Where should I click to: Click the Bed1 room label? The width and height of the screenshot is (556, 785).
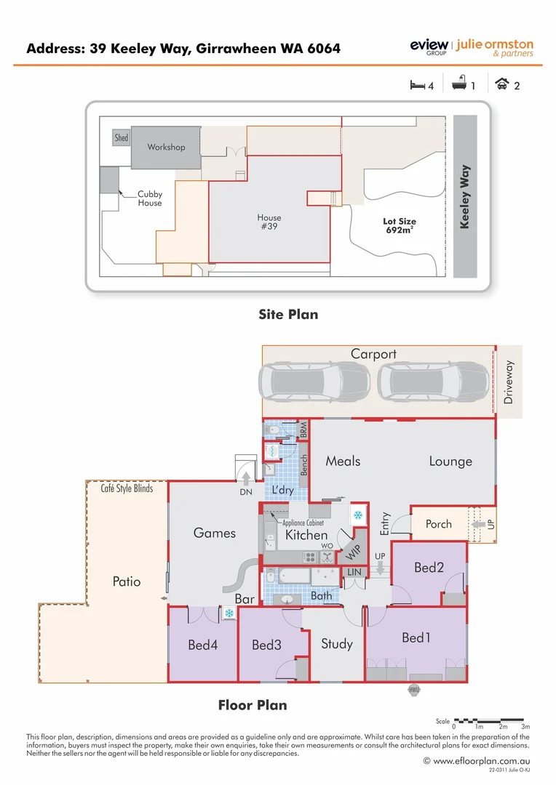tap(416, 637)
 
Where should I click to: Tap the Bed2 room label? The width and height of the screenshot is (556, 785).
tap(429, 568)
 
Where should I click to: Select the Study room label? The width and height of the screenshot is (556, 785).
tap(336, 643)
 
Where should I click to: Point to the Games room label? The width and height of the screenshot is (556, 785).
tap(214, 533)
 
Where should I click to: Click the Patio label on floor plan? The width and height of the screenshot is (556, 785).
tap(127, 581)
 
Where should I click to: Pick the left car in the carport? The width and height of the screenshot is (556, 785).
tap(314, 381)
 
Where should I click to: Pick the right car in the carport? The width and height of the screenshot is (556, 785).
tap(433, 381)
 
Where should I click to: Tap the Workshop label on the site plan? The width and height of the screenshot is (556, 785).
tap(166, 147)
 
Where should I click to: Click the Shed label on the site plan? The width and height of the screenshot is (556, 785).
tap(122, 137)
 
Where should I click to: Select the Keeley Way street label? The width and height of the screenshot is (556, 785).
tap(465, 196)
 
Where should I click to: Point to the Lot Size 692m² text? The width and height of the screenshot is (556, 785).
tap(400, 225)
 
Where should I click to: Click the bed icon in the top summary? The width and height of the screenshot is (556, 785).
tap(417, 85)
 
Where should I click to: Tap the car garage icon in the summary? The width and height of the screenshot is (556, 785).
tap(501, 85)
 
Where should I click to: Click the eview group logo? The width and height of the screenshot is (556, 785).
tap(429, 47)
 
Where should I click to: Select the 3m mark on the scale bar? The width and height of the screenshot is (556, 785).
tap(525, 726)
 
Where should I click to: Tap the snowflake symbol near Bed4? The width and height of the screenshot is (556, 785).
tap(229, 614)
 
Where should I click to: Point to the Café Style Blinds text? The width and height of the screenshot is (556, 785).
tap(127, 488)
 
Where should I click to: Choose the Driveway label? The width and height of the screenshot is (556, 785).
tap(509, 382)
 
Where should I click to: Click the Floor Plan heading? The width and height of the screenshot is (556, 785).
tap(253, 705)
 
